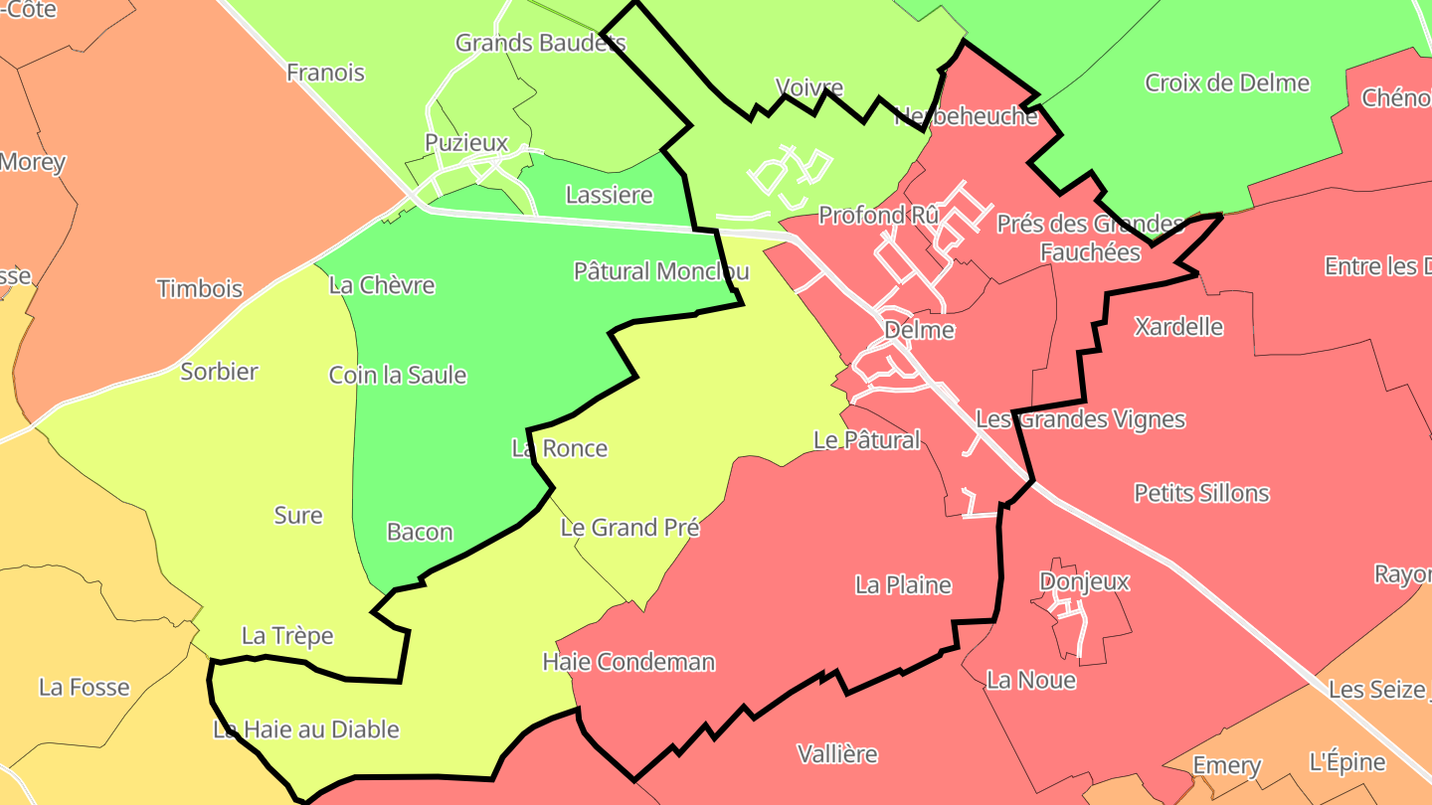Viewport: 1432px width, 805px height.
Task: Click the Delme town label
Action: point(918,330)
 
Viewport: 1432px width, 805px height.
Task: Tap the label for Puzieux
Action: point(465,143)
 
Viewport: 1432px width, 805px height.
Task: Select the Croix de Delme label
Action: point(1227,82)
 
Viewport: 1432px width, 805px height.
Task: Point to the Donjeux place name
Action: point(1084,581)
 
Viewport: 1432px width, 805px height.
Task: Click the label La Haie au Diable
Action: point(306,729)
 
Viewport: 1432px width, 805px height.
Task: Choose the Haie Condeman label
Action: point(628,662)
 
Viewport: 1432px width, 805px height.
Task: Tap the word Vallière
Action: point(837,754)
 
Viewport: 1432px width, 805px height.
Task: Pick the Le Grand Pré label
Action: point(629,528)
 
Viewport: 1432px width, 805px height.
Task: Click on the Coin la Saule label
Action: point(398,376)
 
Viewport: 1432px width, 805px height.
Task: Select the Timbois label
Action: point(199,289)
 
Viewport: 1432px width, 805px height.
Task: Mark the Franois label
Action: point(325,73)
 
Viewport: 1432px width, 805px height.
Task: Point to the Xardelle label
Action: point(1178,327)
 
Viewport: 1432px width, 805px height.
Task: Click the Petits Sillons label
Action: point(1201,493)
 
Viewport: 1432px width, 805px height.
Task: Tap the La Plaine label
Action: point(903,585)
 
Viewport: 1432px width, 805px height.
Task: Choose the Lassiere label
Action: point(609,195)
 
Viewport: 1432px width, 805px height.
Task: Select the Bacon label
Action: point(420,533)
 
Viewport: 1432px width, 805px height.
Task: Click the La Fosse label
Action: point(85,687)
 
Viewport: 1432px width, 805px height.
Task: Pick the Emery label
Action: point(1226,766)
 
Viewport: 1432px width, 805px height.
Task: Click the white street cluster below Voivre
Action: point(789,172)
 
